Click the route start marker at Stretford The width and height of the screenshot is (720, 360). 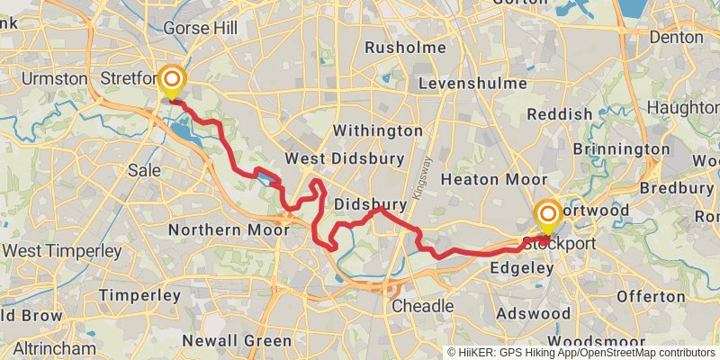coord(170,80)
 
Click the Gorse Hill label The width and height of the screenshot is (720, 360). coord(200,28)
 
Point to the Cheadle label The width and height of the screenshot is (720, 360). coord(423,306)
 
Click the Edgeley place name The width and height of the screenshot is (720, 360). coord(518,268)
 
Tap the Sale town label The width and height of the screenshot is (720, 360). coord(145,170)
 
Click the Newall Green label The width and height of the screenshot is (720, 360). coord(237,341)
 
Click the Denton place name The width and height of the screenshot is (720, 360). coord(675,38)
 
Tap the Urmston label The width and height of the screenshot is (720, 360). coord(55,78)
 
